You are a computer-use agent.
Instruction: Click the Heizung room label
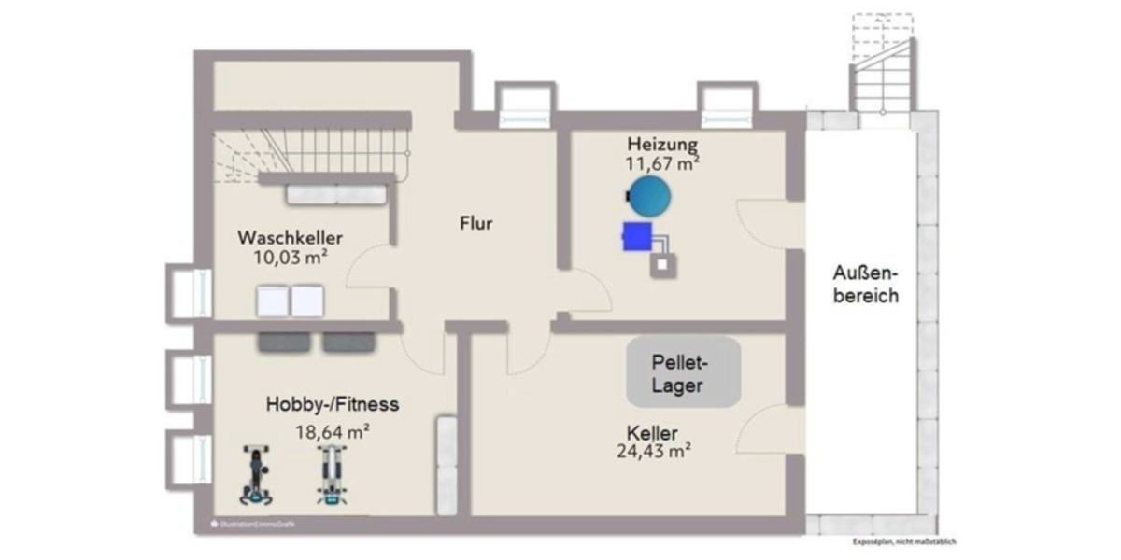662,145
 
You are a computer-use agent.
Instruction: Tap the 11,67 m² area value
663,162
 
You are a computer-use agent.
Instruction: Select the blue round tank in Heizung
649,196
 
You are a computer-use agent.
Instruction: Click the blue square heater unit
637,236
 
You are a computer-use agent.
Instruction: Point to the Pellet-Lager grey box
684,371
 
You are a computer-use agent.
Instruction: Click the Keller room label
652,434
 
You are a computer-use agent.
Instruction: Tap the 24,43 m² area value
653,453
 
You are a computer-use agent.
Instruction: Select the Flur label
475,224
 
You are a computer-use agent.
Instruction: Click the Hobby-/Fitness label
333,405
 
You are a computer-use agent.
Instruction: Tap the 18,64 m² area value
333,431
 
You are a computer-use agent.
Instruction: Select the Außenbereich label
866,285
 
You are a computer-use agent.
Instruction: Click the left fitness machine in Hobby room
255,474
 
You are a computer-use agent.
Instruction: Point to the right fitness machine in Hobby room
328,474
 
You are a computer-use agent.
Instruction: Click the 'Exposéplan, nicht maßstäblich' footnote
903,541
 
